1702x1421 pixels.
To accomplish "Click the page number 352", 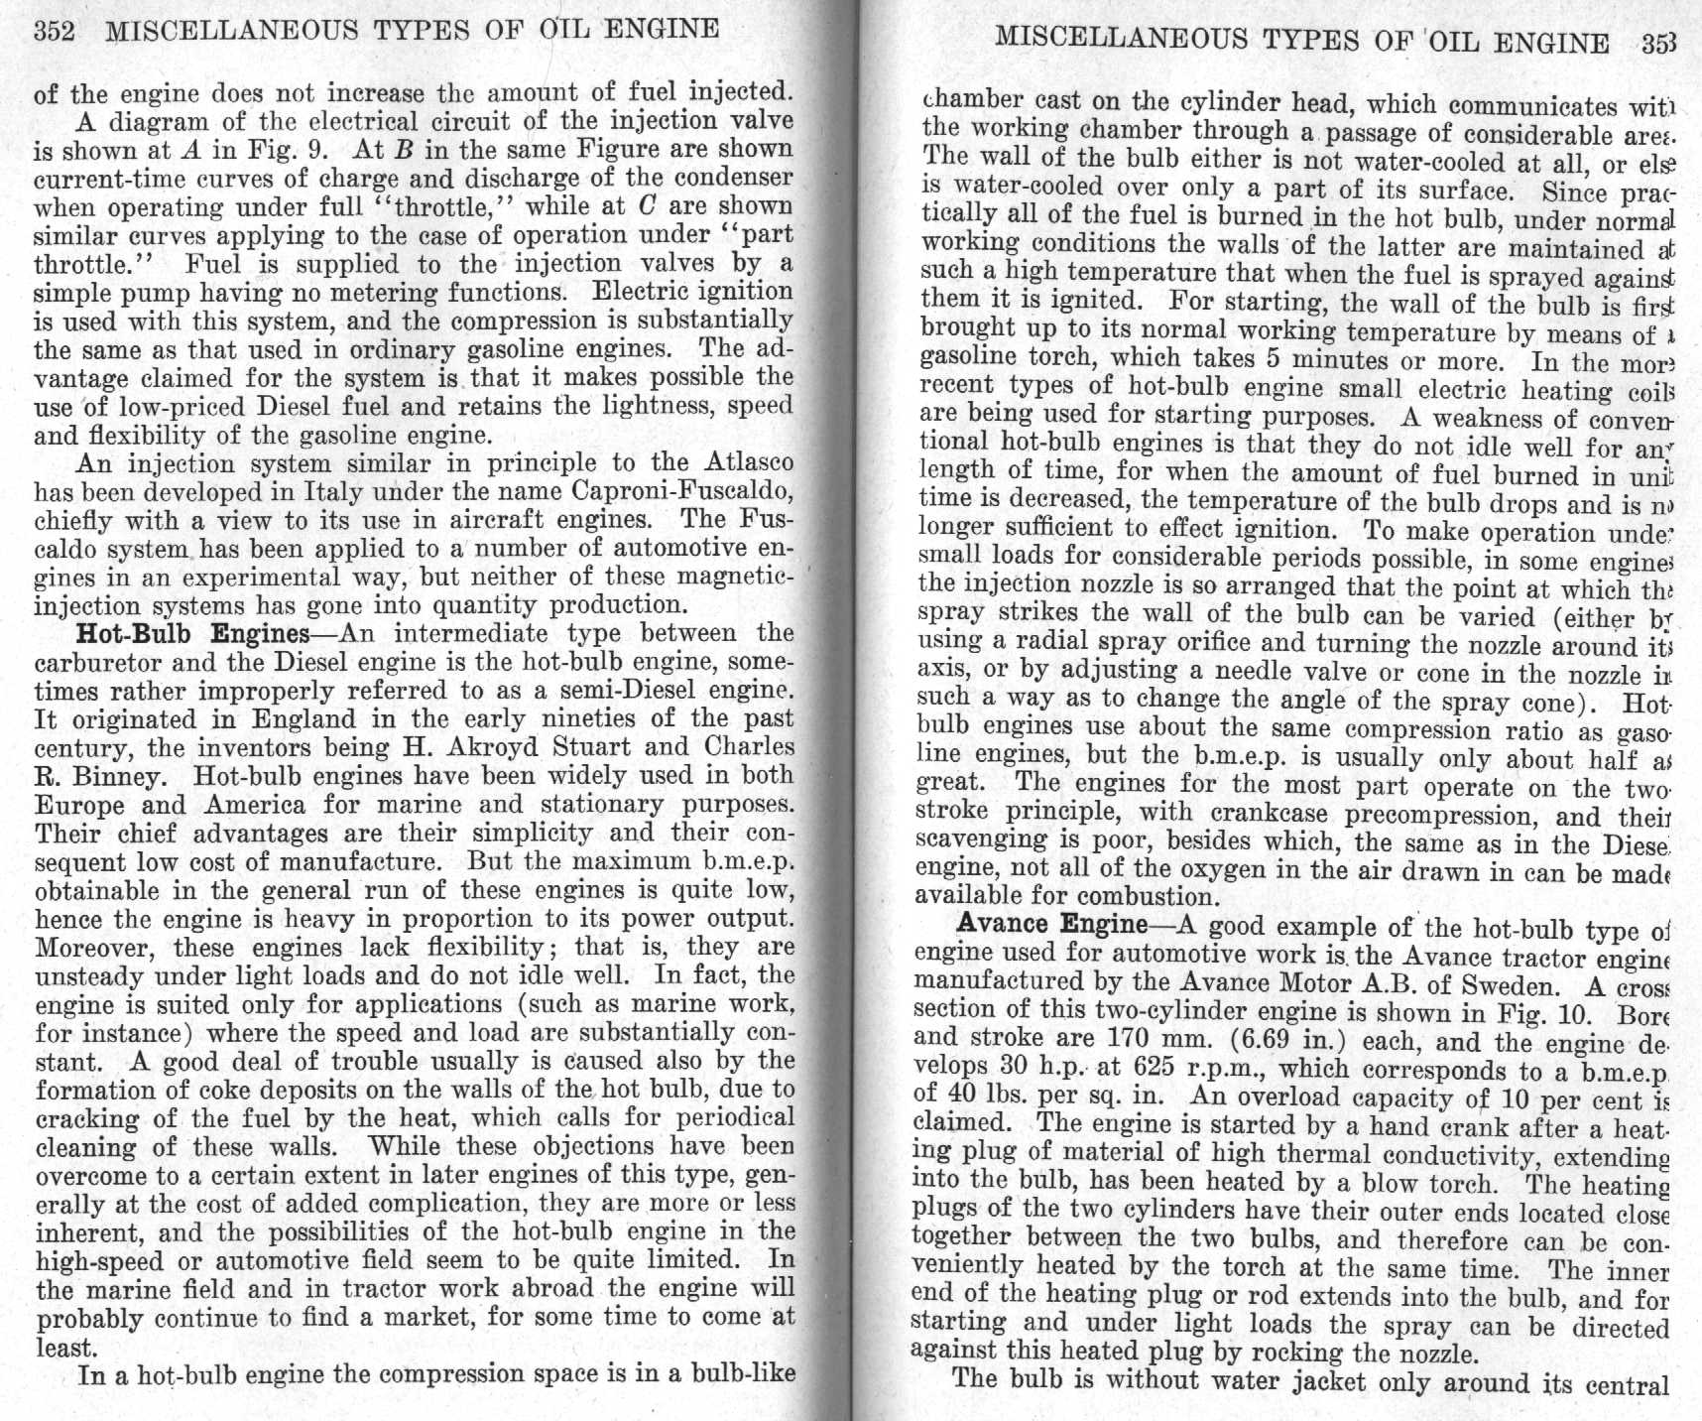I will point(55,31).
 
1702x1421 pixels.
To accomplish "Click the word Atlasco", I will point(749,462).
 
